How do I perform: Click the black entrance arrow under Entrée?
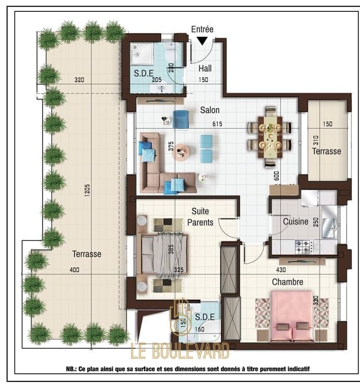pyautogui.click(x=203, y=41)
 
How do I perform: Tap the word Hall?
pyautogui.click(x=205, y=68)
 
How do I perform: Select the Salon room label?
pyautogui.click(x=210, y=110)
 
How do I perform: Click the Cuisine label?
pyautogui.click(x=295, y=221)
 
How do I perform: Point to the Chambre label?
pyautogui.click(x=288, y=282)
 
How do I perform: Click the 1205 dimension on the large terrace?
pyautogui.click(x=87, y=191)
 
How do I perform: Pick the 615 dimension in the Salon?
pyautogui.click(x=217, y=124)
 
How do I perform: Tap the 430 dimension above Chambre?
pyautogui.click(x=281, y=270)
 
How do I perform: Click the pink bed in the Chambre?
pyautogui.click(x=292, y=316)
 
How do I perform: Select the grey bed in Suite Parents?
pyautogui.click(x=163, y=255)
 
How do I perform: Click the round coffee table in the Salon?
pyautogui.click(x=181, y=152)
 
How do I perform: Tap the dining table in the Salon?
pyautogui.click(x=269, y=137)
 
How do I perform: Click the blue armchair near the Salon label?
pyautogui.click(x=181, y=119)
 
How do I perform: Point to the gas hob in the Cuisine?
pyautogui.click(x=303, y=247)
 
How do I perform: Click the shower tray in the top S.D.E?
pyautogui.click(x=142, y=54)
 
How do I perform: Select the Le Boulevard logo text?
pyautogui.click(x=179, y=351)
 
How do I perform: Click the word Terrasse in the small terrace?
pyautogui.click(x=327, y=151)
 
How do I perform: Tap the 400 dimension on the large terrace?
pyautogui.click(x=74, y=270)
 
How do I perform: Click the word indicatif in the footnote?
pyautogui.click(x=299, y=369)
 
